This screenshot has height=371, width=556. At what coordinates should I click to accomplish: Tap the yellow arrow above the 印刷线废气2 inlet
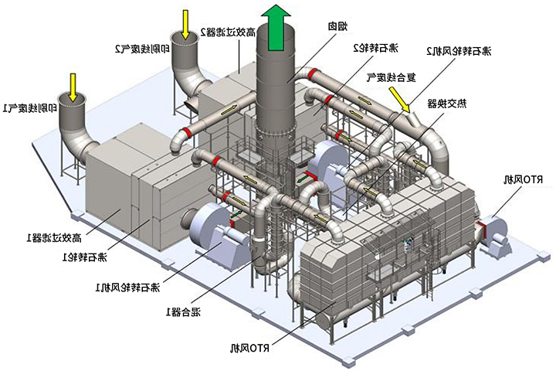tap(186, 22)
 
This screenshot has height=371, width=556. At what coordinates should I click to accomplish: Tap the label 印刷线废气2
tap(142, 48)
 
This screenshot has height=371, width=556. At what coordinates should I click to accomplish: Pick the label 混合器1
tap(184, 311)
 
